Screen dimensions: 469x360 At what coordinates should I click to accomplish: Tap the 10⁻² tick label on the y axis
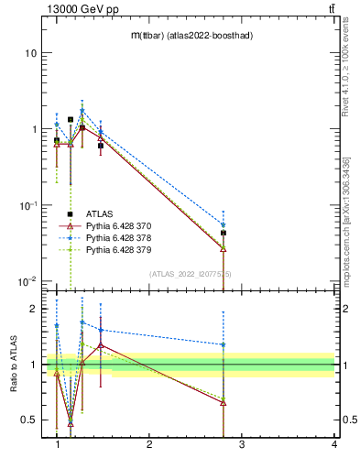27,281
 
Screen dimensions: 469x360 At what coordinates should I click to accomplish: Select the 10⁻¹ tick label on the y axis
27,205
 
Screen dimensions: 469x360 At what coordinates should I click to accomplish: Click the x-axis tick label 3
242,445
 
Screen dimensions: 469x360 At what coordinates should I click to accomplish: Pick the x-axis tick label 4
333,445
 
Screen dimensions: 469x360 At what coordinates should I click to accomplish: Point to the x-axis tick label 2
149,445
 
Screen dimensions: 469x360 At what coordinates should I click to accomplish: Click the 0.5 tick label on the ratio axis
28,420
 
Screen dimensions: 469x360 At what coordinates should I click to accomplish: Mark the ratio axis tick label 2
32,309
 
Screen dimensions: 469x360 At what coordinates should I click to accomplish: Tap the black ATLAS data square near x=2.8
224,233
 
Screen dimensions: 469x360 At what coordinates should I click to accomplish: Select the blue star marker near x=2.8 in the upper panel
224,224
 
